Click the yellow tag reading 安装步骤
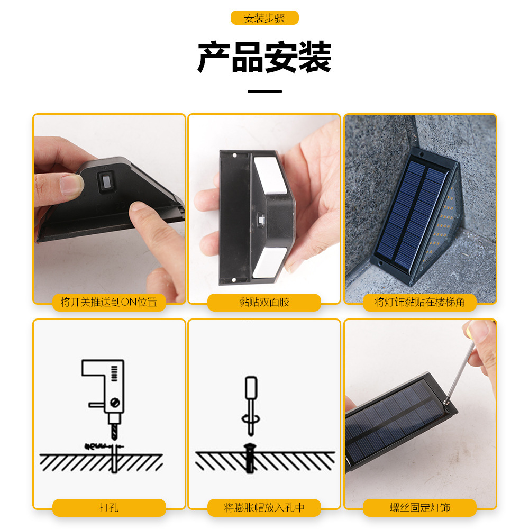pyautogui.click(x=264, y=18)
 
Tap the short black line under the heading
pyautogui.click(x=264, y=92)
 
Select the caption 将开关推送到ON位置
pyautogui.click(x=109, y=302)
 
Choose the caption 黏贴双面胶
pyautogui.click(x=264, y=302)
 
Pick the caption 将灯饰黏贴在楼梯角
pyautogui.click(x=419, y=302)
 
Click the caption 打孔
pyautogui.click(x=109, y=508)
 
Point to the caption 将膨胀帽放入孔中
pyautogui.click(x=264, y=508)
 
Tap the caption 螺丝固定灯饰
pyautogui.click(x=419, y=508)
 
